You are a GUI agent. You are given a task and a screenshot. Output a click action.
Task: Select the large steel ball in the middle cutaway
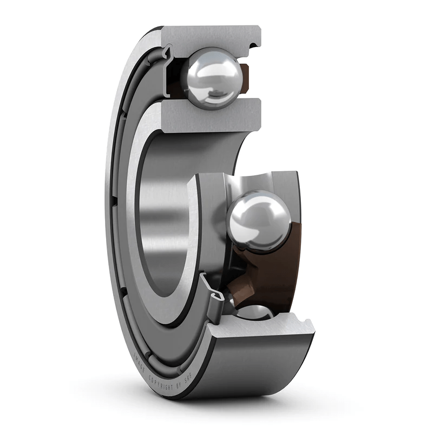tap(256, 220)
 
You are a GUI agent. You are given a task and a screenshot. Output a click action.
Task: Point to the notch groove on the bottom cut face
tap(304, 325)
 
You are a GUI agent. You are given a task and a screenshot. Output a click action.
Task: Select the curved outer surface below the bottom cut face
tap(260, 368)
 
